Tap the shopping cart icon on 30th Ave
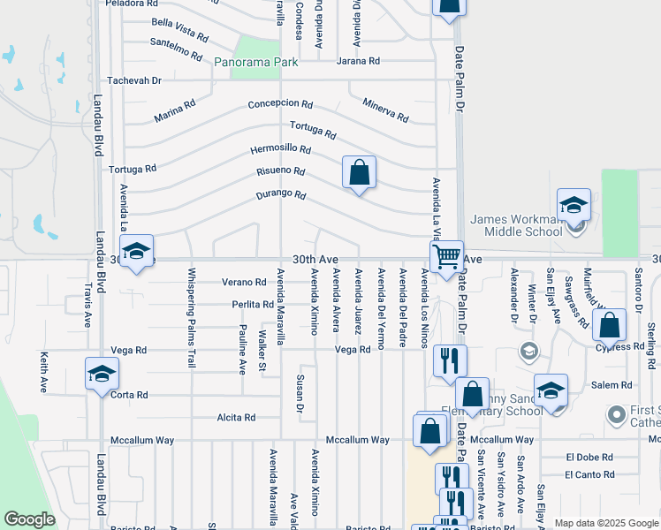pos(447,257)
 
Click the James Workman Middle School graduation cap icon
pos(574,207)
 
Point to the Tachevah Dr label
pos(134,80)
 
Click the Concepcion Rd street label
pos(281,103)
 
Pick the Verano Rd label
pos(244,283)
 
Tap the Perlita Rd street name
pos(253,305)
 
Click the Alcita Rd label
pos(236,418)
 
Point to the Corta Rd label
pos(129,395)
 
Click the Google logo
pos(30,519)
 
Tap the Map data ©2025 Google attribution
pos(605,523)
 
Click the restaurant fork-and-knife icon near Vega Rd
pos(450,360)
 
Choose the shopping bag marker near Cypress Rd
pos(610,324)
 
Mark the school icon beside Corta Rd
pos(102,373)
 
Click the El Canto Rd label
pos(590,475)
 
